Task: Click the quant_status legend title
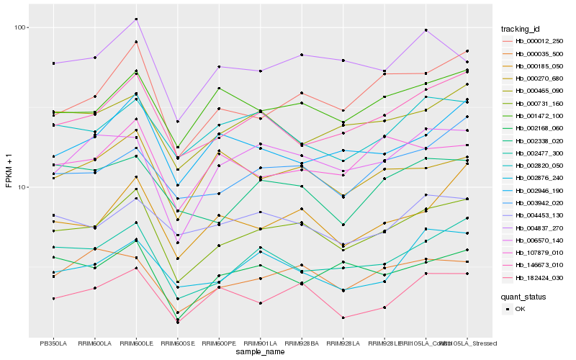pyautogui.click(x=524, y=296)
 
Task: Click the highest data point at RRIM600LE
pyautogui.click(x=136, y=19)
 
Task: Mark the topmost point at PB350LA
pyautogui.click(x=53, y=63)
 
